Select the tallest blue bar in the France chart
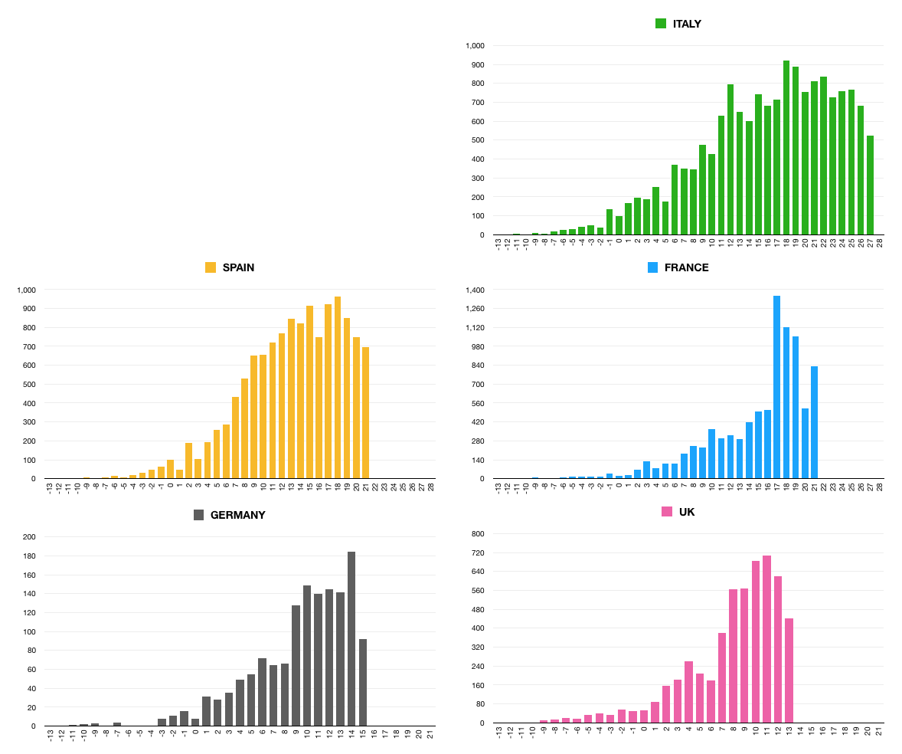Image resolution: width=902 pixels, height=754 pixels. pos(776,387)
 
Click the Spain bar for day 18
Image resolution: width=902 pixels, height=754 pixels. pos(338,388)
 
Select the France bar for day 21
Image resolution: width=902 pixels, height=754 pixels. pos(814,422)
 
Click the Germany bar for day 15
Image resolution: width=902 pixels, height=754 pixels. pos(363,682)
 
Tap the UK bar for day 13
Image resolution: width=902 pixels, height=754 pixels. pos(789,670)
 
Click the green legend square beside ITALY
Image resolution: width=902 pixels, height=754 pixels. pos(661,24)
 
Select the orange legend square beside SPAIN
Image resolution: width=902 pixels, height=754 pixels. pos(211,267)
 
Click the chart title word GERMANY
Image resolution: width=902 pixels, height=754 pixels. pos(237,515)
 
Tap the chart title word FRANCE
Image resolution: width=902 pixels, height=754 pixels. pos(686,267)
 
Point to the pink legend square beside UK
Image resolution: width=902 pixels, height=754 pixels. pos(667,511)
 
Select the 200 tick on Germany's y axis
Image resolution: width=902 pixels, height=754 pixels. pos(29,536)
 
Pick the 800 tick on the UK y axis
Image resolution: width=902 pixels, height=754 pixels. pos(478,533)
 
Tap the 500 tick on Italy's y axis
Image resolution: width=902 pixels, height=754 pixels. pos(478,140)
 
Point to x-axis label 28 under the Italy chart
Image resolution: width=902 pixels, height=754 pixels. pos(880,244)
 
